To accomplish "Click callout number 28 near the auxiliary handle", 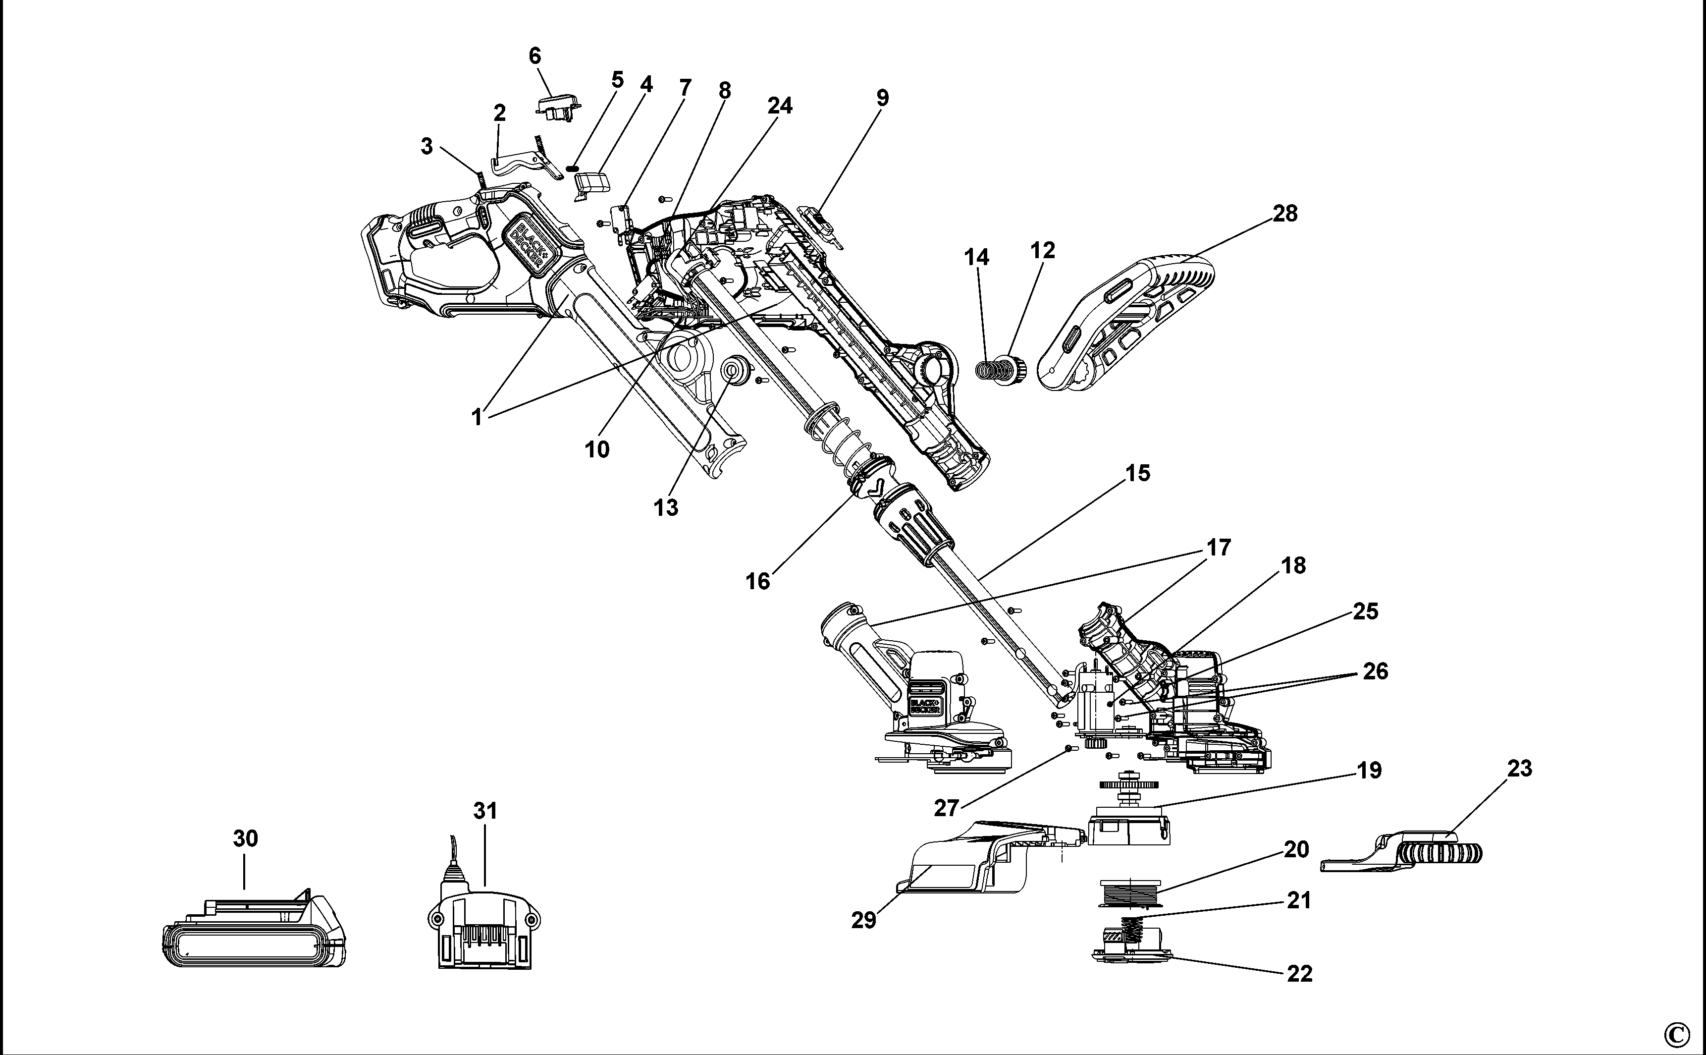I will (x=1285, y=214).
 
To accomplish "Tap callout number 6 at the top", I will (x=535, y=56).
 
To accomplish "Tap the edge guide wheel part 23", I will (x=1416, y=851).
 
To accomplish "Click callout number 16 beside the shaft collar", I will (x=758, y=581).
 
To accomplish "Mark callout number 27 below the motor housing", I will (x=947, y=808).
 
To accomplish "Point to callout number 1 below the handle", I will (x=477, y=417).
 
